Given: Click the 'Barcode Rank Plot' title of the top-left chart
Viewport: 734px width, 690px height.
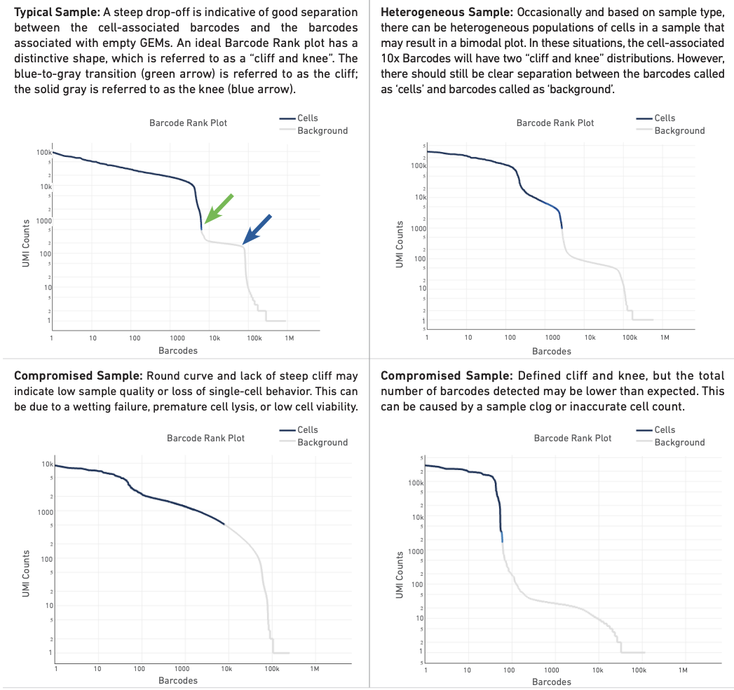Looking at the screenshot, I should (x=188, y=123).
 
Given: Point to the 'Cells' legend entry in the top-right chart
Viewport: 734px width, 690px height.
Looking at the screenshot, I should (x=665, y=118).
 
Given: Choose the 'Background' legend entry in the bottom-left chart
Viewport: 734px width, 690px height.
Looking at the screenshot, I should (x=322, y=442).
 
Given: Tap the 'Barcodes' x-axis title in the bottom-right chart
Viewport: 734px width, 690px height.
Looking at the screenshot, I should (x=551, y=682).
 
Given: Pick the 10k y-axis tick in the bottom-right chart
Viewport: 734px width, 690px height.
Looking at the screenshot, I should (x=417, y=517).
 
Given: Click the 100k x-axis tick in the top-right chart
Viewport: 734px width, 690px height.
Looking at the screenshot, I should (x=630, y=338).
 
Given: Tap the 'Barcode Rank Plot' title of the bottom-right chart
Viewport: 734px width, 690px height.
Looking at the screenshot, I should (x=572, y=438).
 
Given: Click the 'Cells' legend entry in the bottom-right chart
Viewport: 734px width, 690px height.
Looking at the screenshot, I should (x=665, y=429).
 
